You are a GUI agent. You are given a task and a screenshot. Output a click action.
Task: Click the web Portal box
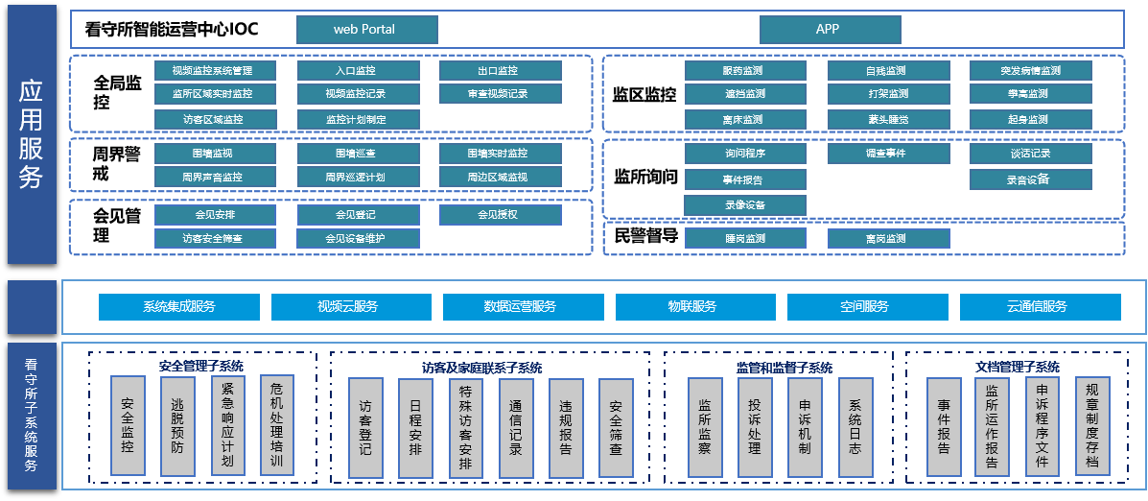[x=366, y=30]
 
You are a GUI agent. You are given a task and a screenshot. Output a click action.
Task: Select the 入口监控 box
[x=357, y=71]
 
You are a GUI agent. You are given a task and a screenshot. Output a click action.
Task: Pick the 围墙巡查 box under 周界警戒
[x=357, y=154]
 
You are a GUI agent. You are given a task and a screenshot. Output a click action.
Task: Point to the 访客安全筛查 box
[x=214, y=238]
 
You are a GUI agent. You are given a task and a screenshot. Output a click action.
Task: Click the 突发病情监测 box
[x=1030, y=71]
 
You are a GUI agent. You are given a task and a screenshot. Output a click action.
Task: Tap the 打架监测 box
[x=888, y=94]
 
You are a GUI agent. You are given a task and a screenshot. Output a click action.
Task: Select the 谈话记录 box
[x=1030, y=155]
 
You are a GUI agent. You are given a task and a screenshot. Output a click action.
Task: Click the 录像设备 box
[x=745, y=205]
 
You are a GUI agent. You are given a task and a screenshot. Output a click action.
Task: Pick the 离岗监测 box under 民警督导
[x=888, y=239]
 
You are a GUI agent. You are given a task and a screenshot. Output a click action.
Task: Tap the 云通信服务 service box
[x=1039, y=307]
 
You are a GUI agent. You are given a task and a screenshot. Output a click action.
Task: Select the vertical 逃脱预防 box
[x=177, y=426]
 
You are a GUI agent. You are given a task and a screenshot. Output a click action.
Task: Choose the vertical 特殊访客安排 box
[x=465, y=427]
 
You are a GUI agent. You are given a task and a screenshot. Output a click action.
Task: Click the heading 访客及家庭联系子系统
[x=481, y=368]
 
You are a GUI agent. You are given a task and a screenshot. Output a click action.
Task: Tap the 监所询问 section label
[x=644, y=178]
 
